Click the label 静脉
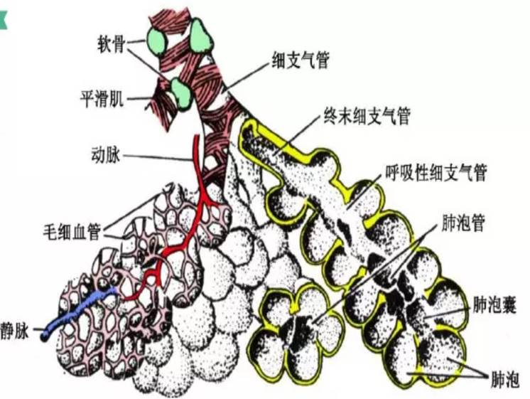16,331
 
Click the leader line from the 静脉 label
37,331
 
